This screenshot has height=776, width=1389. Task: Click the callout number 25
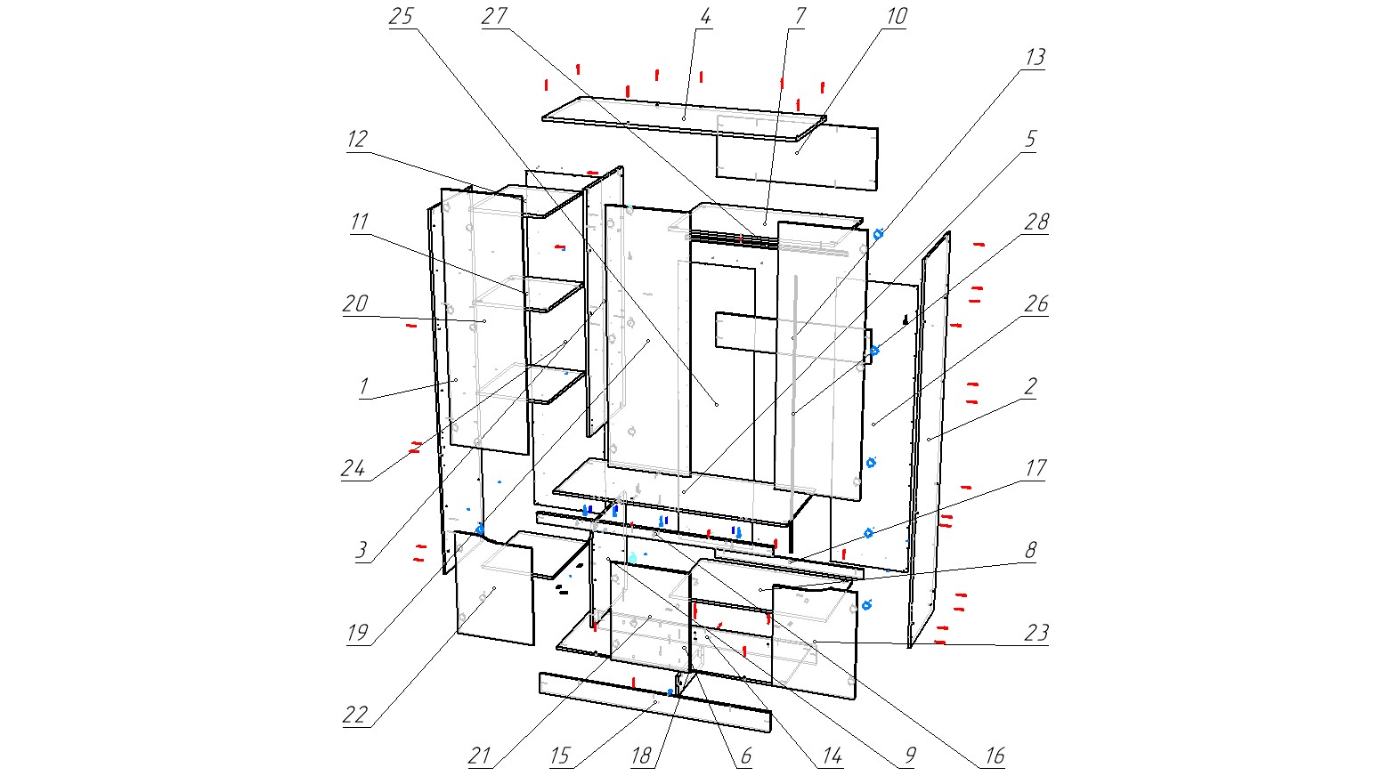[402, 18]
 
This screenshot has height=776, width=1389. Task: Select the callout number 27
[494, 18]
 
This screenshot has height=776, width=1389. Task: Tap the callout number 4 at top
[705, 18]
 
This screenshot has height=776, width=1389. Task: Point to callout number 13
[1034, 58]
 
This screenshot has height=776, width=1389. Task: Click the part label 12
[357, 140]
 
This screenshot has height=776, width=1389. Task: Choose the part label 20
[355, 304]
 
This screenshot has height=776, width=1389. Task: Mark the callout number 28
[1036, 222]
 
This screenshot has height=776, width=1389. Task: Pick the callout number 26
[1036, 304]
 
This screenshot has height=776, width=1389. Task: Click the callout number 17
[1036, 468]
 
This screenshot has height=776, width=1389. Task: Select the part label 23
[1036, 633]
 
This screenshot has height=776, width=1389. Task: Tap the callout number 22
[355, 715]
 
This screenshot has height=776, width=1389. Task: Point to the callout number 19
[357, 634]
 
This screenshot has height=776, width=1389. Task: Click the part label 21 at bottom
[479, 756]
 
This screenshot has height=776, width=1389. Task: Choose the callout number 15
[559, 756]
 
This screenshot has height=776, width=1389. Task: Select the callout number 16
[994, 756]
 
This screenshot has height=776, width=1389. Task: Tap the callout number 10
[896, 18]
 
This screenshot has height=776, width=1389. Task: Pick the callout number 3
[361, 551]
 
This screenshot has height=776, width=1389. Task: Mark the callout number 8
[1030, 551]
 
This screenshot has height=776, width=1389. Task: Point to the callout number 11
[359, 222]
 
